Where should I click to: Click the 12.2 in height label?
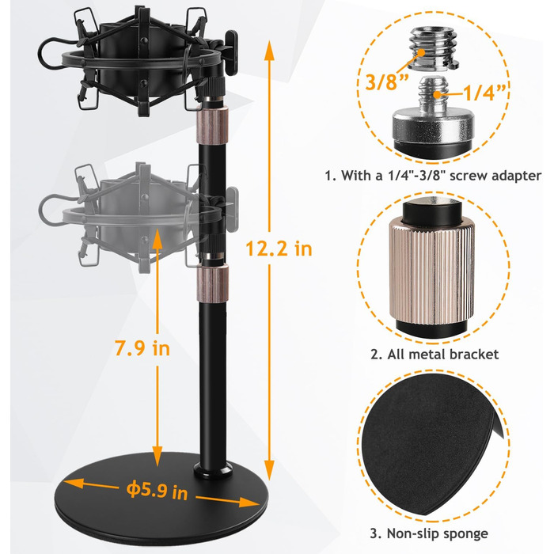tap(279, 249)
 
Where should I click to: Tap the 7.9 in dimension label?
tap(142, 348)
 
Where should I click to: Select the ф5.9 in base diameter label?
tap(157, 490)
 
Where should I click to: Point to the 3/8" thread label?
tap(387, 82)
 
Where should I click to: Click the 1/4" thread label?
tap(484, 93)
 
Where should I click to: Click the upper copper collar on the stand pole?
tap(212, 125)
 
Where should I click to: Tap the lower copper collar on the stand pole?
tap(212, 284)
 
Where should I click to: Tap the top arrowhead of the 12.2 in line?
tap(269, 49)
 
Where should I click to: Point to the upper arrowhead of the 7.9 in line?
tap(157, 238)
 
